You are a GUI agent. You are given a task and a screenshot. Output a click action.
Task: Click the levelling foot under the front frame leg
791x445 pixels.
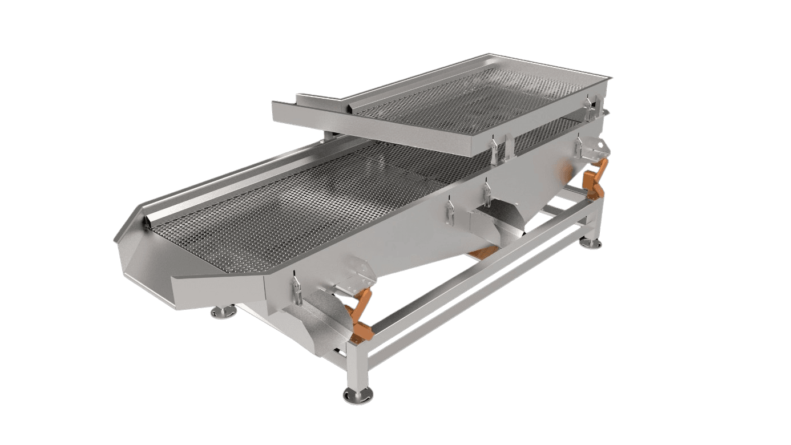[358, 394]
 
